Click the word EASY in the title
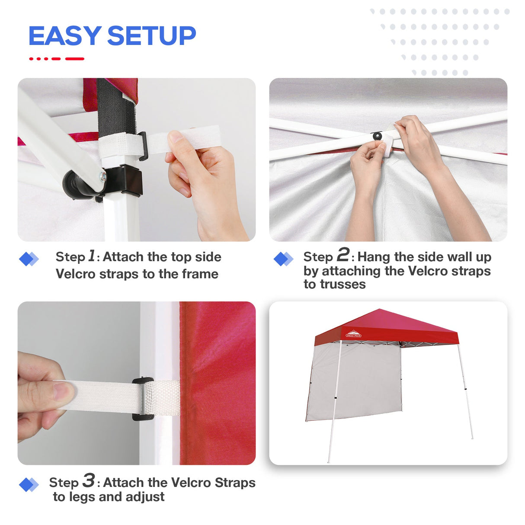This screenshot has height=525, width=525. tap(65, 36)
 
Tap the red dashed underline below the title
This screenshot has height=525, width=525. tap(56, 59)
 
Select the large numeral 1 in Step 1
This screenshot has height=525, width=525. tap(92, 256)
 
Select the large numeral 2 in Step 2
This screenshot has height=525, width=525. tap(343, 255)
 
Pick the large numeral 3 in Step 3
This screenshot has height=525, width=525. tap(89, 480)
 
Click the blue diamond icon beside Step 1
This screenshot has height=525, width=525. tap(29, 259)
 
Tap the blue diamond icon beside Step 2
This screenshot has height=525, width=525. tap(283, 259)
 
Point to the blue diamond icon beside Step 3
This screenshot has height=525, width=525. tap(29, 485)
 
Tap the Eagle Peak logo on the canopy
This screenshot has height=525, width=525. tap(353, 334)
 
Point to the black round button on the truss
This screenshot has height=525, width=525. tap(378, 136)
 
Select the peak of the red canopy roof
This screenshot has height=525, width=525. tap(380, 310)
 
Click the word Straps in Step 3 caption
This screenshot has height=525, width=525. tap(235, 483)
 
